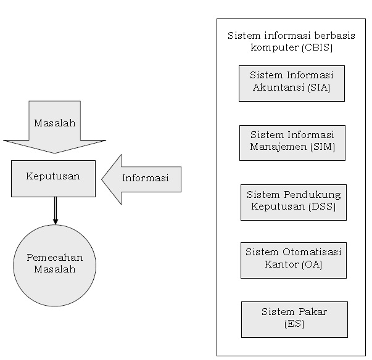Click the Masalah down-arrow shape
pyautogui.click(x=54, y=126)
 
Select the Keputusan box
pyautogui.click(x=53, y=178)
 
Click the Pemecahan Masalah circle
pyautogui.click(x=55, y=265)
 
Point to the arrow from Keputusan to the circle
pyautogui.click(x=55, y=211)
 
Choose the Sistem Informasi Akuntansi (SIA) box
pyautogui.click(x=291, y=83)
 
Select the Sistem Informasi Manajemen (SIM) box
pyautogui.click(x=292, y=142)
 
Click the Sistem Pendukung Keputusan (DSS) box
pyautogui.click(x=293, y=202)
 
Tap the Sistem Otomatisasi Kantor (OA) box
pyautogui.click(x=293, y=260)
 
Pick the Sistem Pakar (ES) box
pyautogui.click(x=294, y=319)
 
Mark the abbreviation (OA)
pyautogui.click(x=312, y=265)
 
